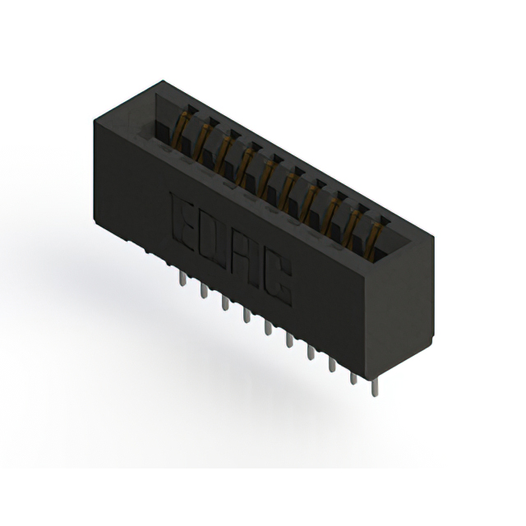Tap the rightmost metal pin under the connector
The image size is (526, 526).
(375, 388)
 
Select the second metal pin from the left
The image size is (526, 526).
(204, 290)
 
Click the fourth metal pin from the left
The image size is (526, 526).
(247, 316)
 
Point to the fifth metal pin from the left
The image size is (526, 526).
(268, 328)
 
